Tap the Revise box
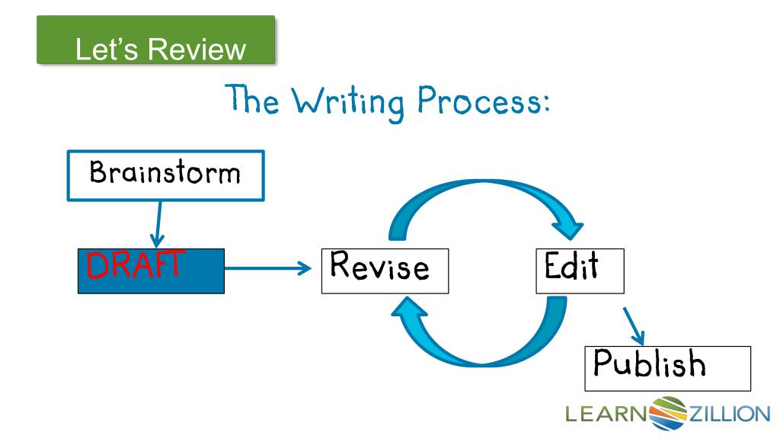[385, 269]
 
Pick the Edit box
[580, 269]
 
